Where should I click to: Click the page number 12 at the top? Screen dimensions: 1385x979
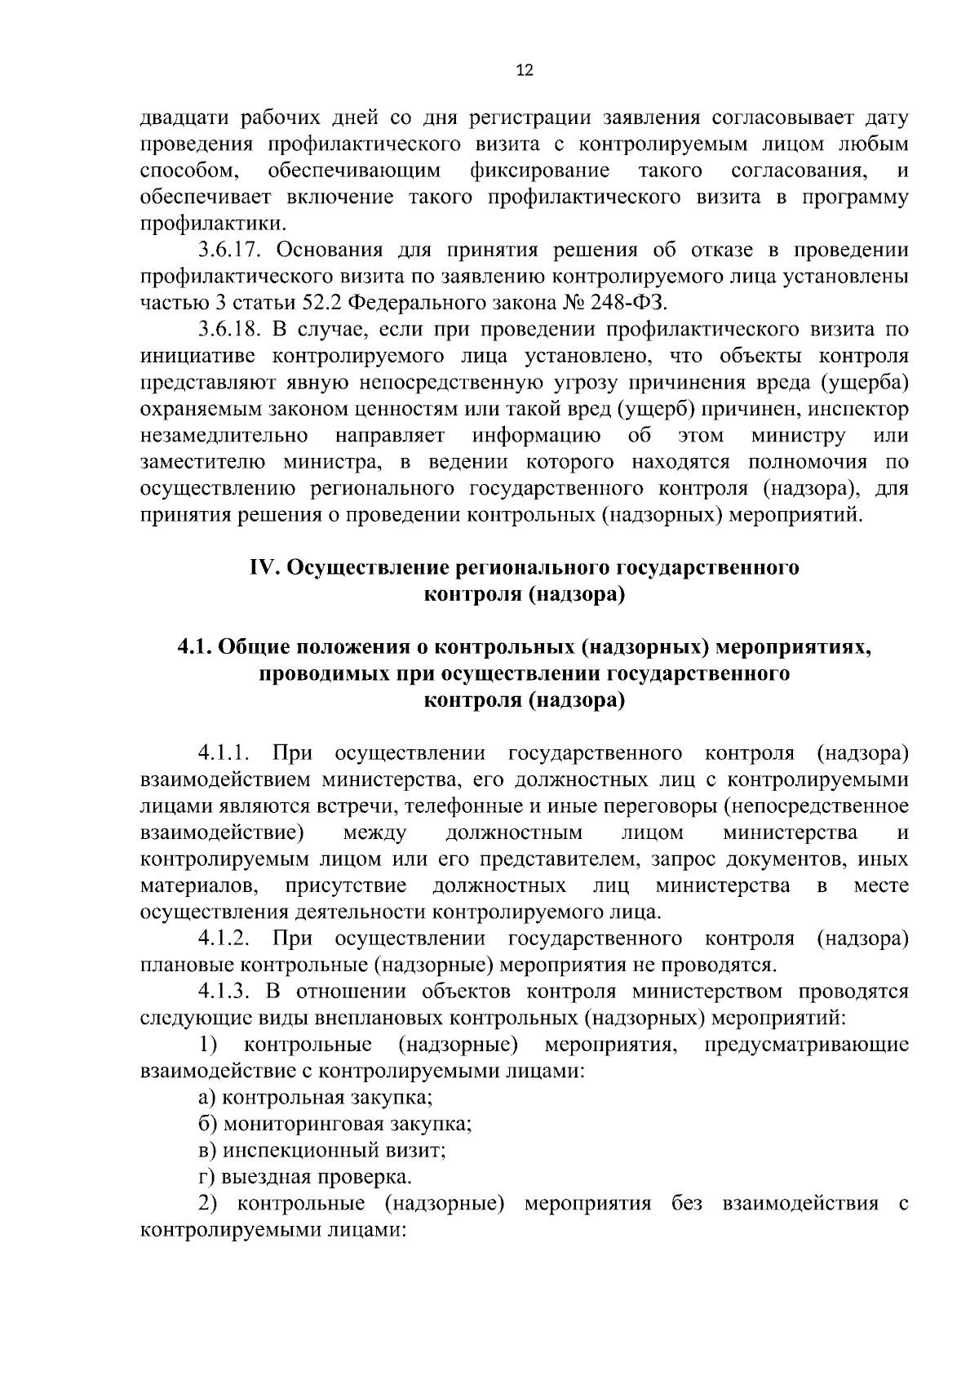(x=525, y=71)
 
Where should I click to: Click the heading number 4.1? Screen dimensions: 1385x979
(x=195, y=647)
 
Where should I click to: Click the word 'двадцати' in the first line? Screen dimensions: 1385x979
(x=184, y=118)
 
